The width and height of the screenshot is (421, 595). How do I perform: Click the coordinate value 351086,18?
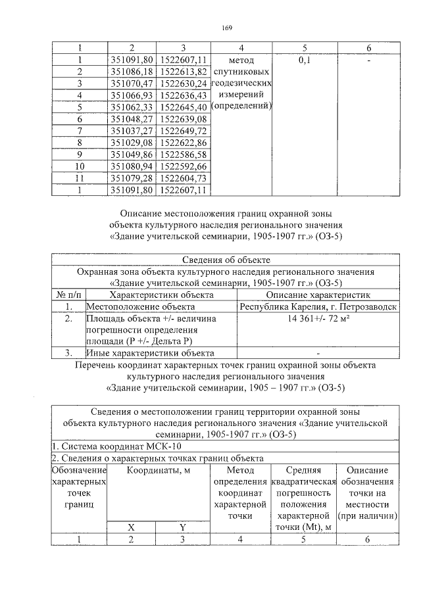coord(132,71)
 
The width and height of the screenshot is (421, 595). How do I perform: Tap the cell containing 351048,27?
coord(132,119)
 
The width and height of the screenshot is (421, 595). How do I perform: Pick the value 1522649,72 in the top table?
coord(184,131)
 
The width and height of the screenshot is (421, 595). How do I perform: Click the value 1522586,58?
coord(184,155)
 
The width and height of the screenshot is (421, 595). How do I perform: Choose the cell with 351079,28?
coord(132,178)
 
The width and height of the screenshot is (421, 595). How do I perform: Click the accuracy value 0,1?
coord(305,60)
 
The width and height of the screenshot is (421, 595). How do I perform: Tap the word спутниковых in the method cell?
coord(241,72)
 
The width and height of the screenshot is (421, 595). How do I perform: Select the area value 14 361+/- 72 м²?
coord(318,318)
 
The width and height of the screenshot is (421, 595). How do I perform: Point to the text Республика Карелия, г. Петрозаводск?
coord(318,306)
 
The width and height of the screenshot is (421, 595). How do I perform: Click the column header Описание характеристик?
coord(318,295)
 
